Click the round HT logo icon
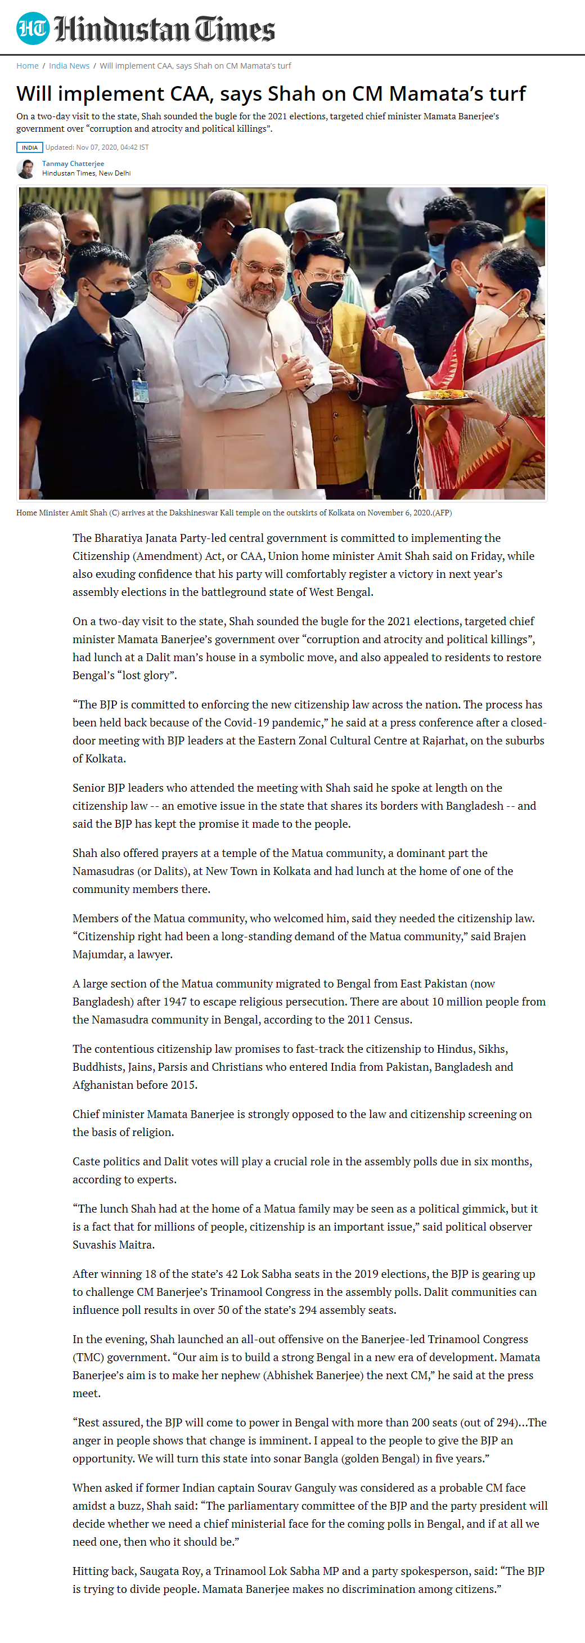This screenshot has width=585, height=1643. pyautogui.click(x=33, y=29)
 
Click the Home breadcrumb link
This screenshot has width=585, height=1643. pyautogui.click(x=28, y=66)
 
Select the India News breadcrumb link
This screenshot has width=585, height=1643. pyautogui.click(x=69, y=66)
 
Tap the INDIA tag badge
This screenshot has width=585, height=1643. pyautogui.click(x=29, y=147)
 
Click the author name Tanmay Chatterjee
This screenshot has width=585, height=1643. pyautogui.click(x=73, y=164)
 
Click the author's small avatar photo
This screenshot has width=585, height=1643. pyautogui.click(x=26, y=169)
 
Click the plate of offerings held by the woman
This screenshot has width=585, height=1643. pyautogui.click(x=441, y=397)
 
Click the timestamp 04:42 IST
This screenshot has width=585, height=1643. pyautogui.click(x=134, y=147)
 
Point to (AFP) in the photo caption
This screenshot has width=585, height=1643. pyautogui.click(x=442, y=513)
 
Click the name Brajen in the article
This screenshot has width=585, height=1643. pyautogui.click(x=510, y=936)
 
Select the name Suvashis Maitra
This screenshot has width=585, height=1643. pyautogui.click(x=114, y=1245)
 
